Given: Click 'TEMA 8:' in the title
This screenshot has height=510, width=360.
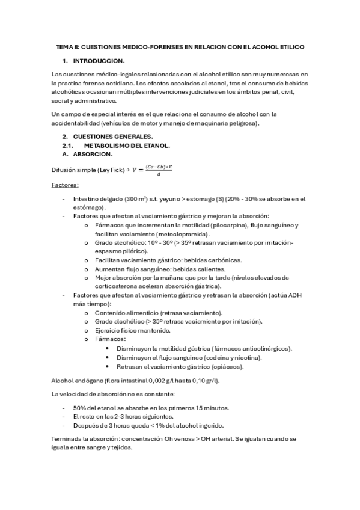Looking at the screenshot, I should pos(67,46).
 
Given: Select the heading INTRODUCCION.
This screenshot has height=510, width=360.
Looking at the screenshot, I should pos(99,61).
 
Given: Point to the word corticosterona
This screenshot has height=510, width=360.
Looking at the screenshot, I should pos(119,286).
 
